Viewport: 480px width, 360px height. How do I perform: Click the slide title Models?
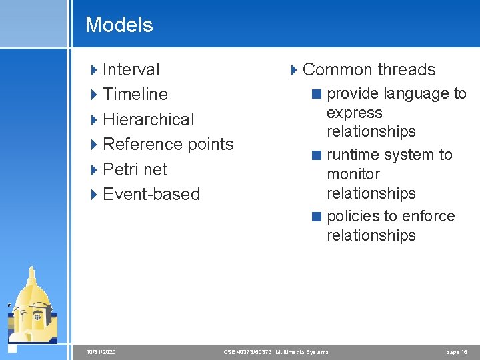(119, 25)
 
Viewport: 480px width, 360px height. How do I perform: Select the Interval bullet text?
(131, 69)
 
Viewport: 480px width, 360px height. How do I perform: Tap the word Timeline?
(135, 94)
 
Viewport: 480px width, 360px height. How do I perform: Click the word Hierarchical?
(149, 119)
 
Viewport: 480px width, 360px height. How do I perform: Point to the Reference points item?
(168, 144)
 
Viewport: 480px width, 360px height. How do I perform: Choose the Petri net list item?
(135, 169)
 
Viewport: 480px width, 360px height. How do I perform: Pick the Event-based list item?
(151, 194)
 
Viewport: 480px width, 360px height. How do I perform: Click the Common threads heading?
(369, 69)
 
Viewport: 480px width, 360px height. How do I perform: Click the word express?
(354, 113)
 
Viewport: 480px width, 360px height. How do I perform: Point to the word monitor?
(353, 174)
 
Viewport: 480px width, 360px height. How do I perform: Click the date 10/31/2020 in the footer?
(101, 351)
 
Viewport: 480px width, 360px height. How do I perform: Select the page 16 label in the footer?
(457, 351)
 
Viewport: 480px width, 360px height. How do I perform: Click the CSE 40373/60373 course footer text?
(276, 351)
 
